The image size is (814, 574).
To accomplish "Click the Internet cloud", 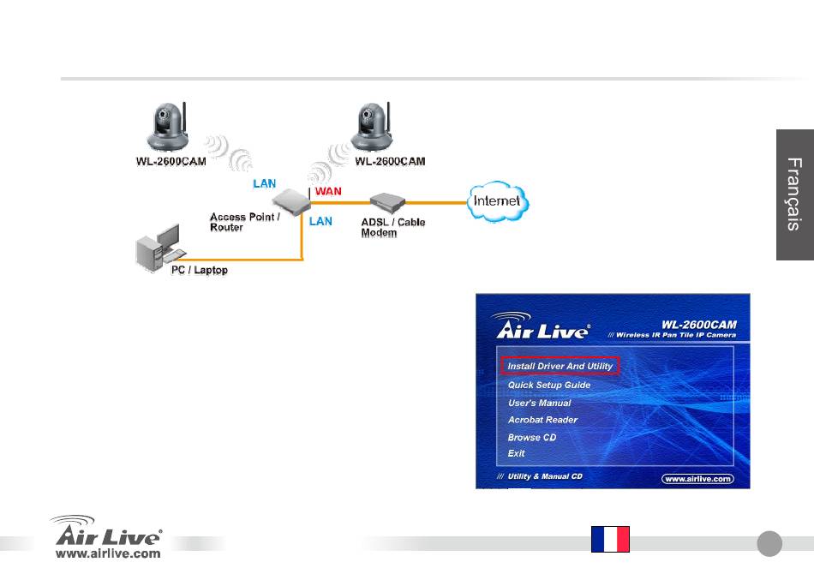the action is coord(498,201).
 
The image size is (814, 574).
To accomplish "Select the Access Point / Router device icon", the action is coord(291,202).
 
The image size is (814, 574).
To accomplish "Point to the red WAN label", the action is coord(328,191).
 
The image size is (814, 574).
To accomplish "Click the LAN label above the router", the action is coord(264,183).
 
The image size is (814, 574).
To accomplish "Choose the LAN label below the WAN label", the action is coord(320,221).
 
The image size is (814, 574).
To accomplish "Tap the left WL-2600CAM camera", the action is coord(168,126).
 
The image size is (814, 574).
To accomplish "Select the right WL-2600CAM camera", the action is coord(371,126).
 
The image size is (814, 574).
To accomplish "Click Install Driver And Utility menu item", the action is coord(560,366).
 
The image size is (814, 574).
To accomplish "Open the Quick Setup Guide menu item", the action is coord(548,385).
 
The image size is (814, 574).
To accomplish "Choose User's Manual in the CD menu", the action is coord(539,403).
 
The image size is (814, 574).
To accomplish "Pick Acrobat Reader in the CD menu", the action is coord(542,420).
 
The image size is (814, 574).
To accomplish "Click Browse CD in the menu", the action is coord(531,438).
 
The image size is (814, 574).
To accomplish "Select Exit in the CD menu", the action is coord(516,453).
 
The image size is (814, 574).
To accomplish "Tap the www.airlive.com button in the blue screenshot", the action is coord(697,479).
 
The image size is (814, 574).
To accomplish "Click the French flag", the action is coord(610,539).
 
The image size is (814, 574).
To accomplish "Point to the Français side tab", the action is coord(795,194).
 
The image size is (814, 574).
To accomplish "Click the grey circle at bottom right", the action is coord(769,543).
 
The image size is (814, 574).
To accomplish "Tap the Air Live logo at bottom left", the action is coord(107,536).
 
